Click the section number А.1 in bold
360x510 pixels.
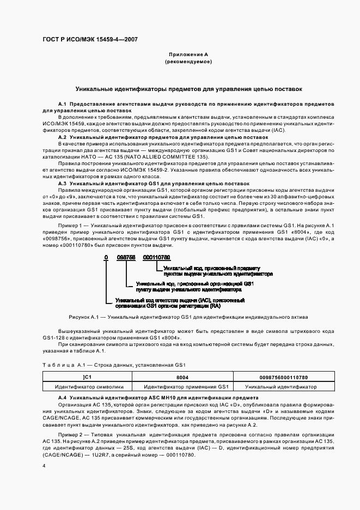62,104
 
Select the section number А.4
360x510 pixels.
62,398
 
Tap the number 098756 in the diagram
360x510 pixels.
126,257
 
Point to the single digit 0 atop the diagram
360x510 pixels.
107,257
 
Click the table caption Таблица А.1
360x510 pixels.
62,364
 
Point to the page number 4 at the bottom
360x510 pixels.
44,466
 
